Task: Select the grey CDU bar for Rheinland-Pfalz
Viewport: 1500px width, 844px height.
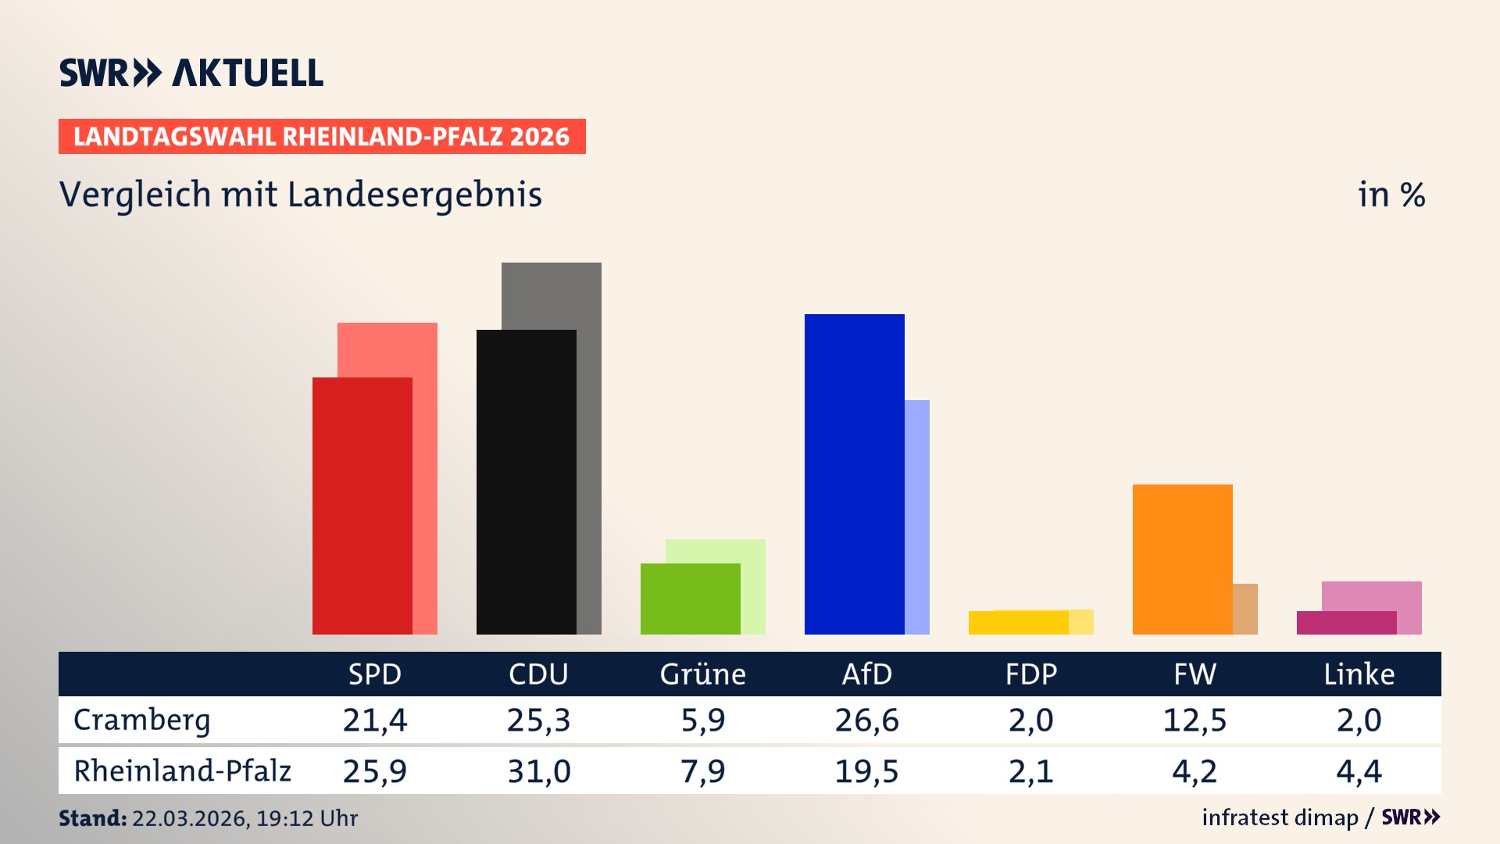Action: tap(589, 445)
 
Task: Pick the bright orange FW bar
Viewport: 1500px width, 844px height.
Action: tap(1182, 559)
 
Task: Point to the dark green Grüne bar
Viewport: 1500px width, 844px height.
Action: tap(690, 599)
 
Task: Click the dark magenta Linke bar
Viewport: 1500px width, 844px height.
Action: tap(1346, 623)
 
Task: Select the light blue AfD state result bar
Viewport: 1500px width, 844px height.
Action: tap(917, 516)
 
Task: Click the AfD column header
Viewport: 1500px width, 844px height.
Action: tap(866, 674)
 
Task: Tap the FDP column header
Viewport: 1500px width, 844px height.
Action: tap(1030, 674)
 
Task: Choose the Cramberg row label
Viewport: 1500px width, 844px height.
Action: tap(142, 720)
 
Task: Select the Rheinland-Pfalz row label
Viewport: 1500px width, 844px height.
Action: tap(182, 771)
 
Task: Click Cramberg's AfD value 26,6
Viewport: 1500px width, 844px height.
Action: tap(866, 720)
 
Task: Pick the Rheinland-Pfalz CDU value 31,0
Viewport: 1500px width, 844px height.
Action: tap(538, 771)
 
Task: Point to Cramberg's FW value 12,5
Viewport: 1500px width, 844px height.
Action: tap(1195, 720)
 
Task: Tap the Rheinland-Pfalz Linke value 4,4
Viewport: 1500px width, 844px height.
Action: tap(1359, 771)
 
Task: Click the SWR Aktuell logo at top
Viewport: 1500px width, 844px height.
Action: tap(191, 73)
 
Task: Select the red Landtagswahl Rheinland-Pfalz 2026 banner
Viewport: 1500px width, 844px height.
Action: tap(322, 136)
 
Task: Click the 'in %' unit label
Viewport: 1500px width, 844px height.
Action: tap(1391, 195)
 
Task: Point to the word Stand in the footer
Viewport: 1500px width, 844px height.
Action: tap(92, 818)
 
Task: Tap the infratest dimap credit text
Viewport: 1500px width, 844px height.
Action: tap(1280, 817)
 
